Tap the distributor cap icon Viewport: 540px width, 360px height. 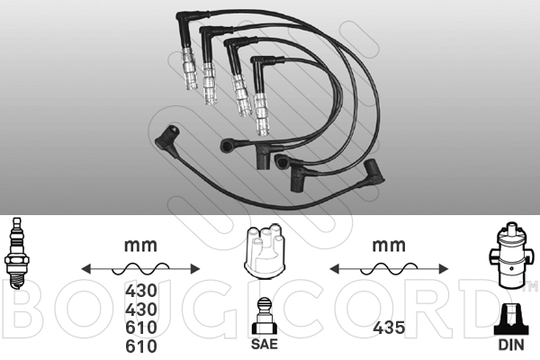pyautogui.click(x=264, y=251)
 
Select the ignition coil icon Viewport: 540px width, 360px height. pyautogui.click(x=509, y=256)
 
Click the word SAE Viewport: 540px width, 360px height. pyautogui.click(x=264, y=344)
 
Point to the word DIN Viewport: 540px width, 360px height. pyautogui.click(x=511, y=345)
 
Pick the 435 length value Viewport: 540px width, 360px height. pyautogui.click(x=389, y=328)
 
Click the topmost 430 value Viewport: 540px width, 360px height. pyautogui.click(x=141, y=291)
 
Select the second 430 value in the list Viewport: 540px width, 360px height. pyautogui.click(x=141, y=309)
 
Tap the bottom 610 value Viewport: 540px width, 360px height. pyautogui.click(x=141, y=346)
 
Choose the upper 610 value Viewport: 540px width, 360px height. pyautogui.click(x=141, y=328)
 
